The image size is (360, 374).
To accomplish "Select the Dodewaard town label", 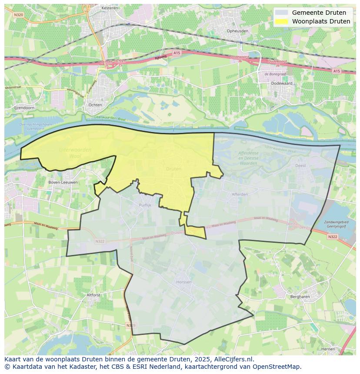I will point(280,83).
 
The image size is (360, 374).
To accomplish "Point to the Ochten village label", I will point(95,105).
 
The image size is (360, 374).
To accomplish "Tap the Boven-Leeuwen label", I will point(63,182).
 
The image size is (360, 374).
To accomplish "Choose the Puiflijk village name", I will point(145,205).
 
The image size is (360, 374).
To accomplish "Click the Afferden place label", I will point(240,194).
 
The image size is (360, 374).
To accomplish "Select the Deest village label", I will point(300,165).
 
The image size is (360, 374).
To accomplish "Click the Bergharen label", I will point(300,297).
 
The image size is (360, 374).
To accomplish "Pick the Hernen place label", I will point(328,349).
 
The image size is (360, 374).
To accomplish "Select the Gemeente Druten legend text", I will point(319,13).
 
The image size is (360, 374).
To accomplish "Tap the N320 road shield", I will point(18,14).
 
